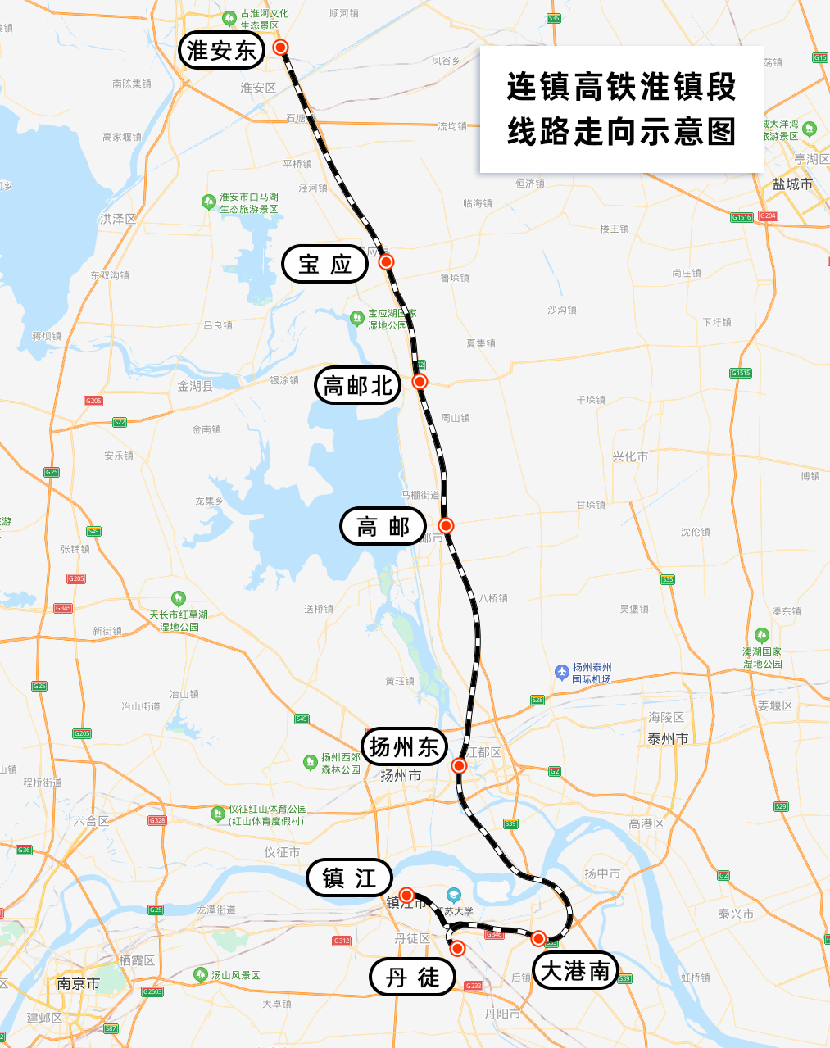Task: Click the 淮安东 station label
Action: pos(221,50)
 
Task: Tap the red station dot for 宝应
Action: pos(386,262)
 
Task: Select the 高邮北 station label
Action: pos(358,385)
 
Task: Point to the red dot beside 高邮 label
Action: pos(446,525)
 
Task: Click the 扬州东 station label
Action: pos(405,747)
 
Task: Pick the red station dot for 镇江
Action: pos(406,895)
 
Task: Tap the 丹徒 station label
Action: pos(412,977)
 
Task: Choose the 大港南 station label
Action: pos(575,972)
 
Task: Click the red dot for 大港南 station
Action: pos(538,938)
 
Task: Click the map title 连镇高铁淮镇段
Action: pos(622,88)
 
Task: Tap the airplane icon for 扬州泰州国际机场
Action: pos(561,672)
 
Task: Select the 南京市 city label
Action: pos(79,983)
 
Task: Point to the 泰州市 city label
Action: pos(668,738)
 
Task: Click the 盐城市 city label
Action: pos(792,184)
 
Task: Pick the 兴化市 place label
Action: pos(629,456)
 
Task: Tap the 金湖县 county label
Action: pos(195,385)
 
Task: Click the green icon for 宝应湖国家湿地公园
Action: pos(356,318)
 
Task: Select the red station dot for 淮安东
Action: pos(281,48)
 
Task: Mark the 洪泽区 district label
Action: pos(118,219)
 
